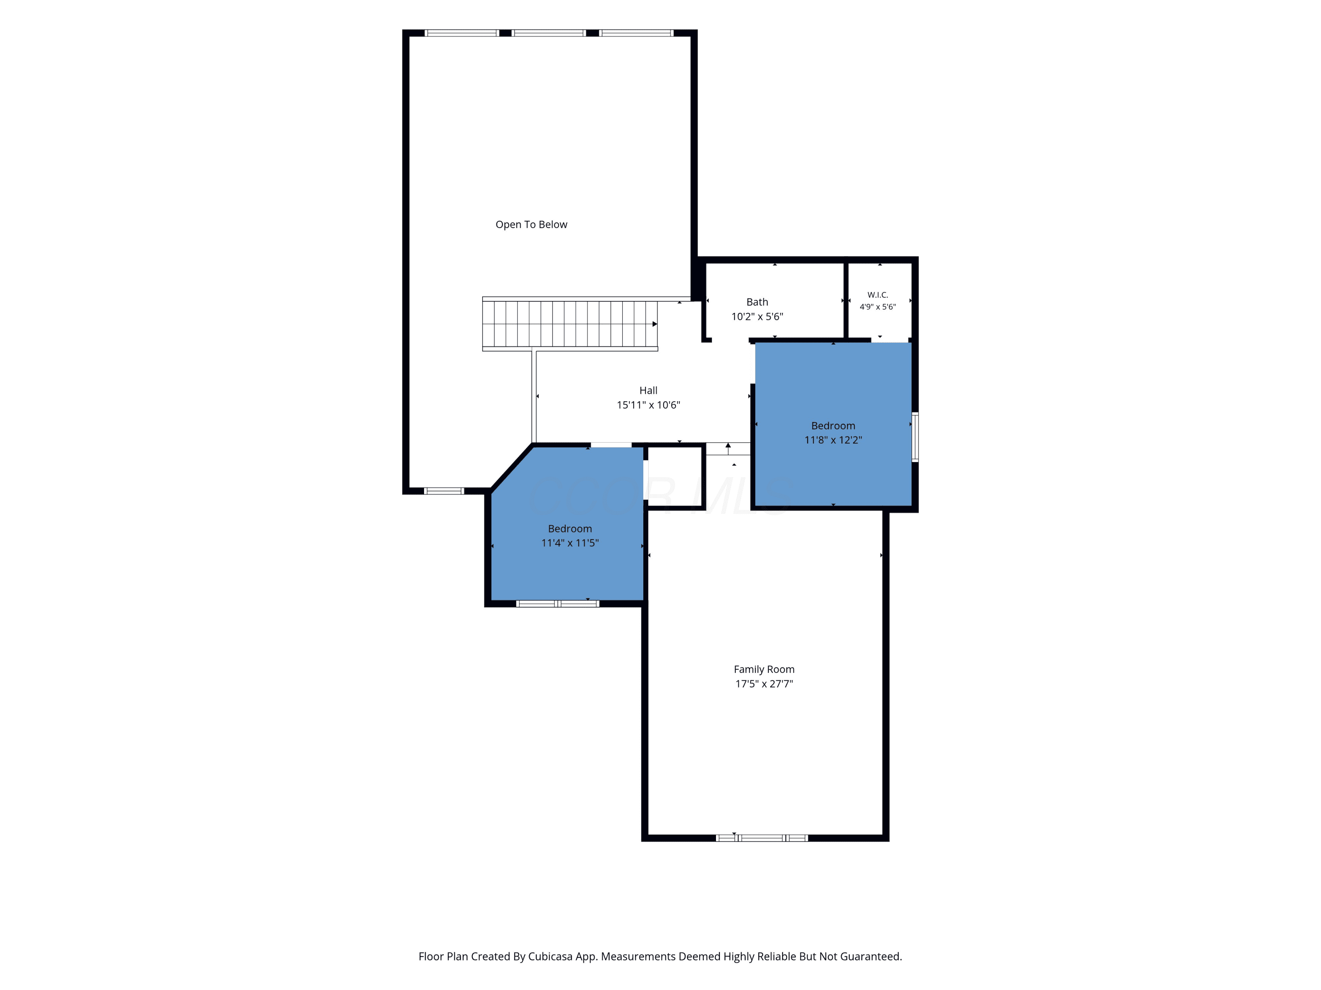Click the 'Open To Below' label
pos(531,224)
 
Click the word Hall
pos(648,390)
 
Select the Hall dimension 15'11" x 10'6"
pos(648,405)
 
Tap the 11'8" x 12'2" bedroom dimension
pos(833,440)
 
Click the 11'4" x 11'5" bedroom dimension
pos(570,543)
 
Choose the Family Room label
pos(764,670)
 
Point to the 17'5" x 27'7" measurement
pos(764,684)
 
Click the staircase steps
pos(570,324)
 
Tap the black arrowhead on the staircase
pos(654,324)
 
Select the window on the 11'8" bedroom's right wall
pos(915,437)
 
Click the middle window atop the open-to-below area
pos(549,33)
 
